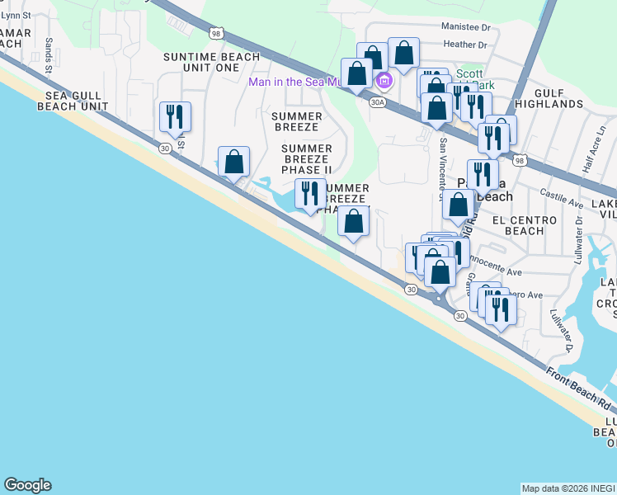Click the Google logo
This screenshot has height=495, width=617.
[27, 485]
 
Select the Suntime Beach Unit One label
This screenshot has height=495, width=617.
[212, 63]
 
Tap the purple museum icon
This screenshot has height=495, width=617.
[384, 81]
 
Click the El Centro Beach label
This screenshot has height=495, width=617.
[518, 225]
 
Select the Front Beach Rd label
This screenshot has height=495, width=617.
[581, 391]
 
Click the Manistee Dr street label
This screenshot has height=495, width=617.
[466, 26]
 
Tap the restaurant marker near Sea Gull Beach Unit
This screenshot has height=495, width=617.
[175, 116]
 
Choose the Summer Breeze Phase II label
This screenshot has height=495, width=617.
[307, 159]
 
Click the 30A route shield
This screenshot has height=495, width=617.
[378, 102]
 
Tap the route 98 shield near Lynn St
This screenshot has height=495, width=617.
[216, 33]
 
